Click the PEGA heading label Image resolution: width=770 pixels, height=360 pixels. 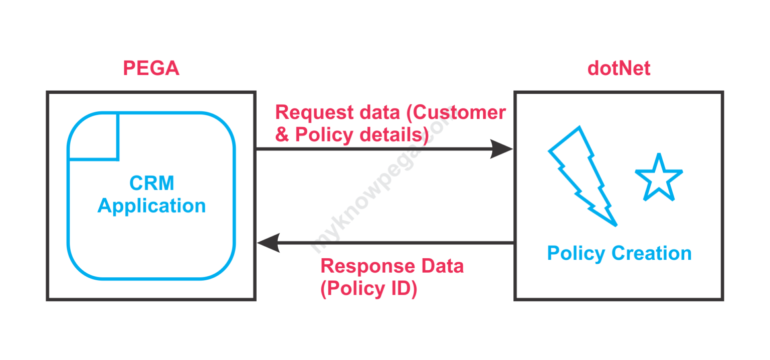[x=151, y=69]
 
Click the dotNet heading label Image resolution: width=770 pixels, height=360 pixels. [x=619, y=69]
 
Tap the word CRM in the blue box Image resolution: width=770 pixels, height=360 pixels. [x=151, y=184]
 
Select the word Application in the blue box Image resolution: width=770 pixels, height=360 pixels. [x=151, y=206]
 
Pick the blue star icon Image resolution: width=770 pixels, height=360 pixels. [x=658, y=178]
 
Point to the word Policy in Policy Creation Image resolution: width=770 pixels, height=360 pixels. [x=576, y=254]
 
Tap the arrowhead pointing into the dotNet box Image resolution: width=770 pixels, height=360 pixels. [x=501, y=149]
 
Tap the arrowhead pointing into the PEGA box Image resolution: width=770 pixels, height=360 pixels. [x=268, y=243]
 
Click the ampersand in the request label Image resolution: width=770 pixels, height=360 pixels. [x=282, y=135]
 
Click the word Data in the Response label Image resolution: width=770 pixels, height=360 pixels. [x=441, y=266]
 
